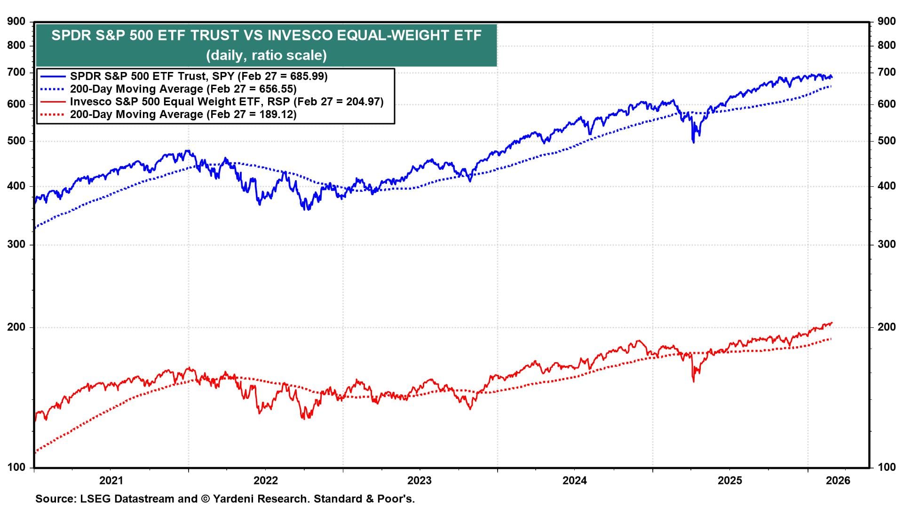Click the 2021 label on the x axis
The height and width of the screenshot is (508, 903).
[111, 480]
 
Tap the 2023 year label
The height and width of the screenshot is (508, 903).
[420, 480]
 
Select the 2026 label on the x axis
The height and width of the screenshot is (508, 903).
[838, 480]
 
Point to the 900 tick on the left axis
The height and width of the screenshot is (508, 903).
[16, 21]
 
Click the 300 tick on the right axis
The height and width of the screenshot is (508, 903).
[886, 244]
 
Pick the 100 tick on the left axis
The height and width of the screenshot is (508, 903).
[16, 467]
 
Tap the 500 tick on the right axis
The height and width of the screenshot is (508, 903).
[886, 141]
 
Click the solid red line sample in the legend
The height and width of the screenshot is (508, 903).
[53, 102]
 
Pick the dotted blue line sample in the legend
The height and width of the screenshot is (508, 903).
[53, 89]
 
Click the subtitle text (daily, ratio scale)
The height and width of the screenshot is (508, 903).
[266, 55]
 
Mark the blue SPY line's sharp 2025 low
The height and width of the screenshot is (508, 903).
[693, 141]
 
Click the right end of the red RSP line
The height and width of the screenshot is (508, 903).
[832, 323]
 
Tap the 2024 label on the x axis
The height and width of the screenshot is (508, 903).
[575, 480]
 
